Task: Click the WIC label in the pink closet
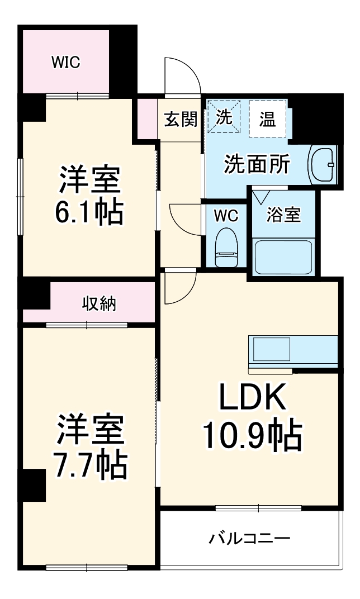click(66, 63)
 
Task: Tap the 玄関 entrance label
click(181, 119)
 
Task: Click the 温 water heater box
click(267, 118)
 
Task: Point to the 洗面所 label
click(257, 165)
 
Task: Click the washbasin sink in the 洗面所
click(324, 165)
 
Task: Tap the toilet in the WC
click(226, 248)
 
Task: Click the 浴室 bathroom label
click(283, 215)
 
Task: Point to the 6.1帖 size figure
click(89, 211)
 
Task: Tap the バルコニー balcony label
click(250, 539)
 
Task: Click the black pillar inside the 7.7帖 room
click(34, 484)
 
